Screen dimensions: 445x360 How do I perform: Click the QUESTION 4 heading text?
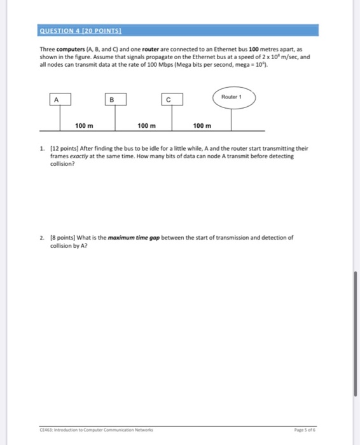pyautogui.click(x=80, y=31)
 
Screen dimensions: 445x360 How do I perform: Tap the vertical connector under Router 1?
pyautogui.click(x=231, y=118)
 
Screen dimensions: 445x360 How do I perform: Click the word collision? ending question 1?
pyautogui.click(x=62, y=163)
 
